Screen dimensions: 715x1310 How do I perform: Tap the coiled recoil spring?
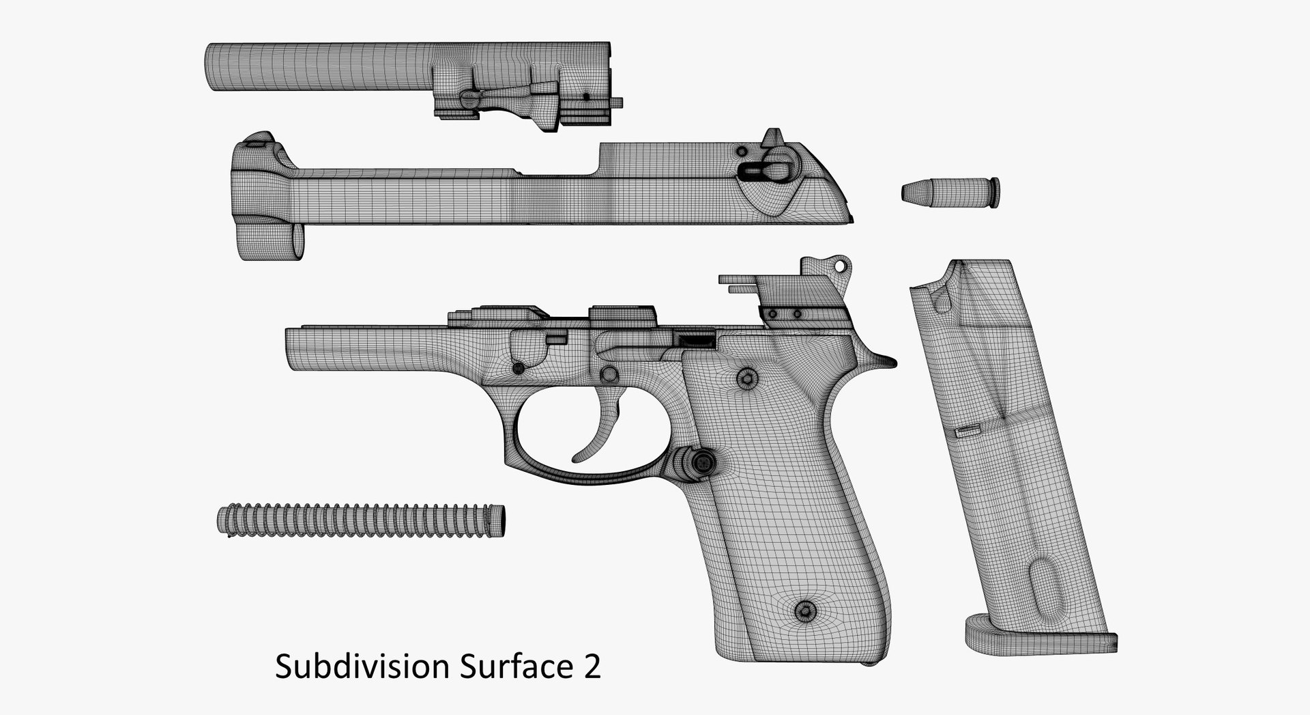[362, 521]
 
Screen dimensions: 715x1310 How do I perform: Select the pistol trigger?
[600, 430]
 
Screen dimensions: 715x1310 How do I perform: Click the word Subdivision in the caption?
[363, 666]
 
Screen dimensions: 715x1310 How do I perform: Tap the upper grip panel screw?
[747, 377]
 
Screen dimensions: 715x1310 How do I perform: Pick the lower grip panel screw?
[806, 610]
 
